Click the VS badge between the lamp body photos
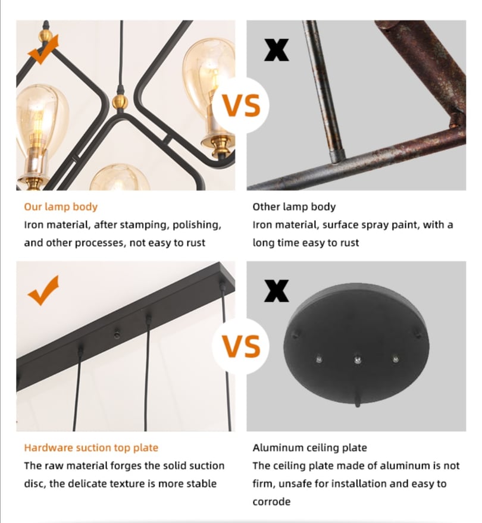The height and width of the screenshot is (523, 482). (241, 106)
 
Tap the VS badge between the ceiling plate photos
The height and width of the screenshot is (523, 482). (241, 346)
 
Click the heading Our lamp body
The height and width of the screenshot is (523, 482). (61, 207)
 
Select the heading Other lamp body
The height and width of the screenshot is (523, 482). (294, 207)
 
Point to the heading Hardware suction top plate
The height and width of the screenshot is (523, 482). (91, 447)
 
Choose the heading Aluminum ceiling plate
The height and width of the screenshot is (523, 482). (309, 447)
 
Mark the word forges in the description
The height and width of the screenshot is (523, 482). (123, 465)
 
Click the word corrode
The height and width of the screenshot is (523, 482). (271, 502)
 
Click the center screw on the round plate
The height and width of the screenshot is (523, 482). (357, 358)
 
